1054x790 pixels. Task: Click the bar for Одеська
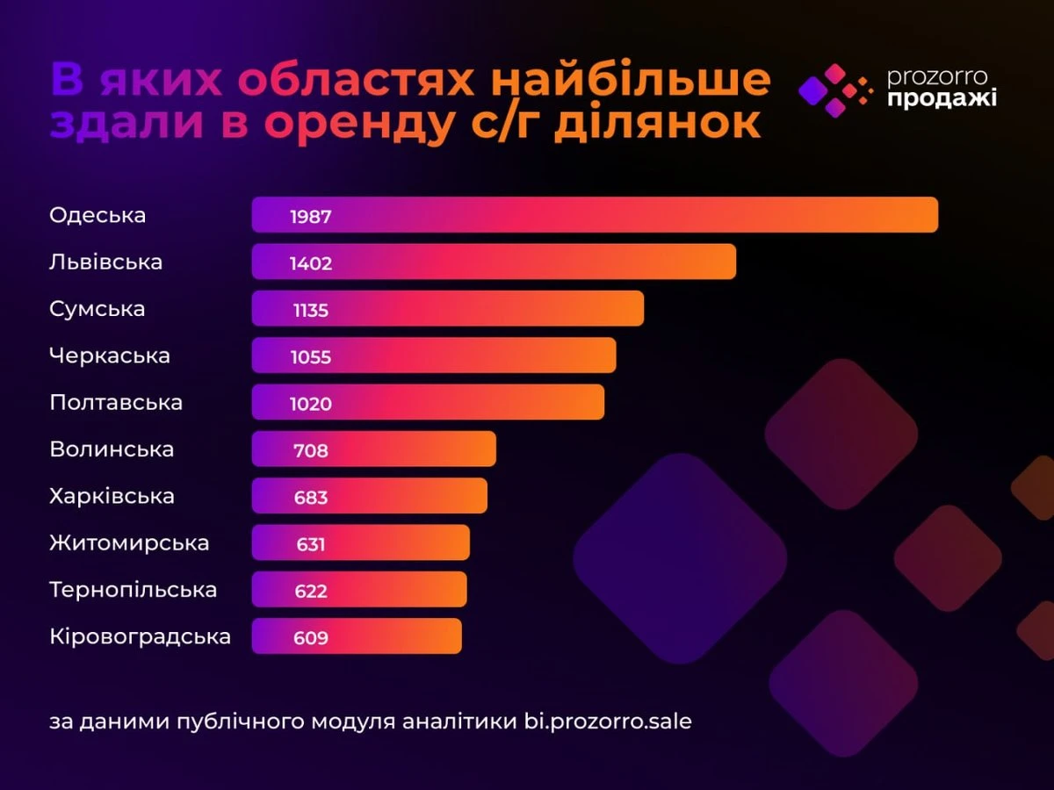point(595,215)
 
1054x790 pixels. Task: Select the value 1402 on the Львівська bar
point(311,262)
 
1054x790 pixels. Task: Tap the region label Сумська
point(97,309)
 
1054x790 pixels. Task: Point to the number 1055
point(311,356)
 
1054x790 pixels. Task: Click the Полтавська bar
point(429,402)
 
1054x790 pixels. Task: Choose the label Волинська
point(112,449)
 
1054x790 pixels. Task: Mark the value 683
point(311,498)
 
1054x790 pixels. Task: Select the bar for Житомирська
point(361,542)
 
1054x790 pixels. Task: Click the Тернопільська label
point(133,589)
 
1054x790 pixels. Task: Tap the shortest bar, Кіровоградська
point(357,636)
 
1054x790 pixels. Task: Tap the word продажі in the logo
point(942,99)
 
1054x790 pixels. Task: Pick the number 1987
point(311,216)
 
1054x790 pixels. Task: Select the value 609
point(311,637)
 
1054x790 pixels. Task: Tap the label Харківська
point(112,496)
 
